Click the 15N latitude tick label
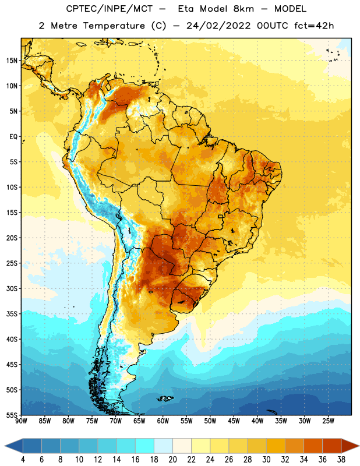pos(12,61)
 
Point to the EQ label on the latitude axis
pos(13,137)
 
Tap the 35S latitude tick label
pos(12,314)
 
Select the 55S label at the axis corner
pos(12,415)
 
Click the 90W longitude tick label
pos(21,421)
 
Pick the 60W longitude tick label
pos(163,421)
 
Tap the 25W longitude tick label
pos(328,421)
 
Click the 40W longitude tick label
pos(257,421)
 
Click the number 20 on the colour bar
pos(172,460)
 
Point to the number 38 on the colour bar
pos(341,460)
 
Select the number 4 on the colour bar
pos(23,460)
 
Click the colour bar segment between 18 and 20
pos(163,446)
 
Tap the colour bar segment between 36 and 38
pos(332,446)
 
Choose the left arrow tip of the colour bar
pos(5,446)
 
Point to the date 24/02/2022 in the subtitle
pos(218,26)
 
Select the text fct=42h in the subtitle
pos(314,26)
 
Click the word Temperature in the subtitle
pos(114,26)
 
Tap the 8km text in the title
pos(243,9)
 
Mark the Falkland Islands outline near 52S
pos(165,398)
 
